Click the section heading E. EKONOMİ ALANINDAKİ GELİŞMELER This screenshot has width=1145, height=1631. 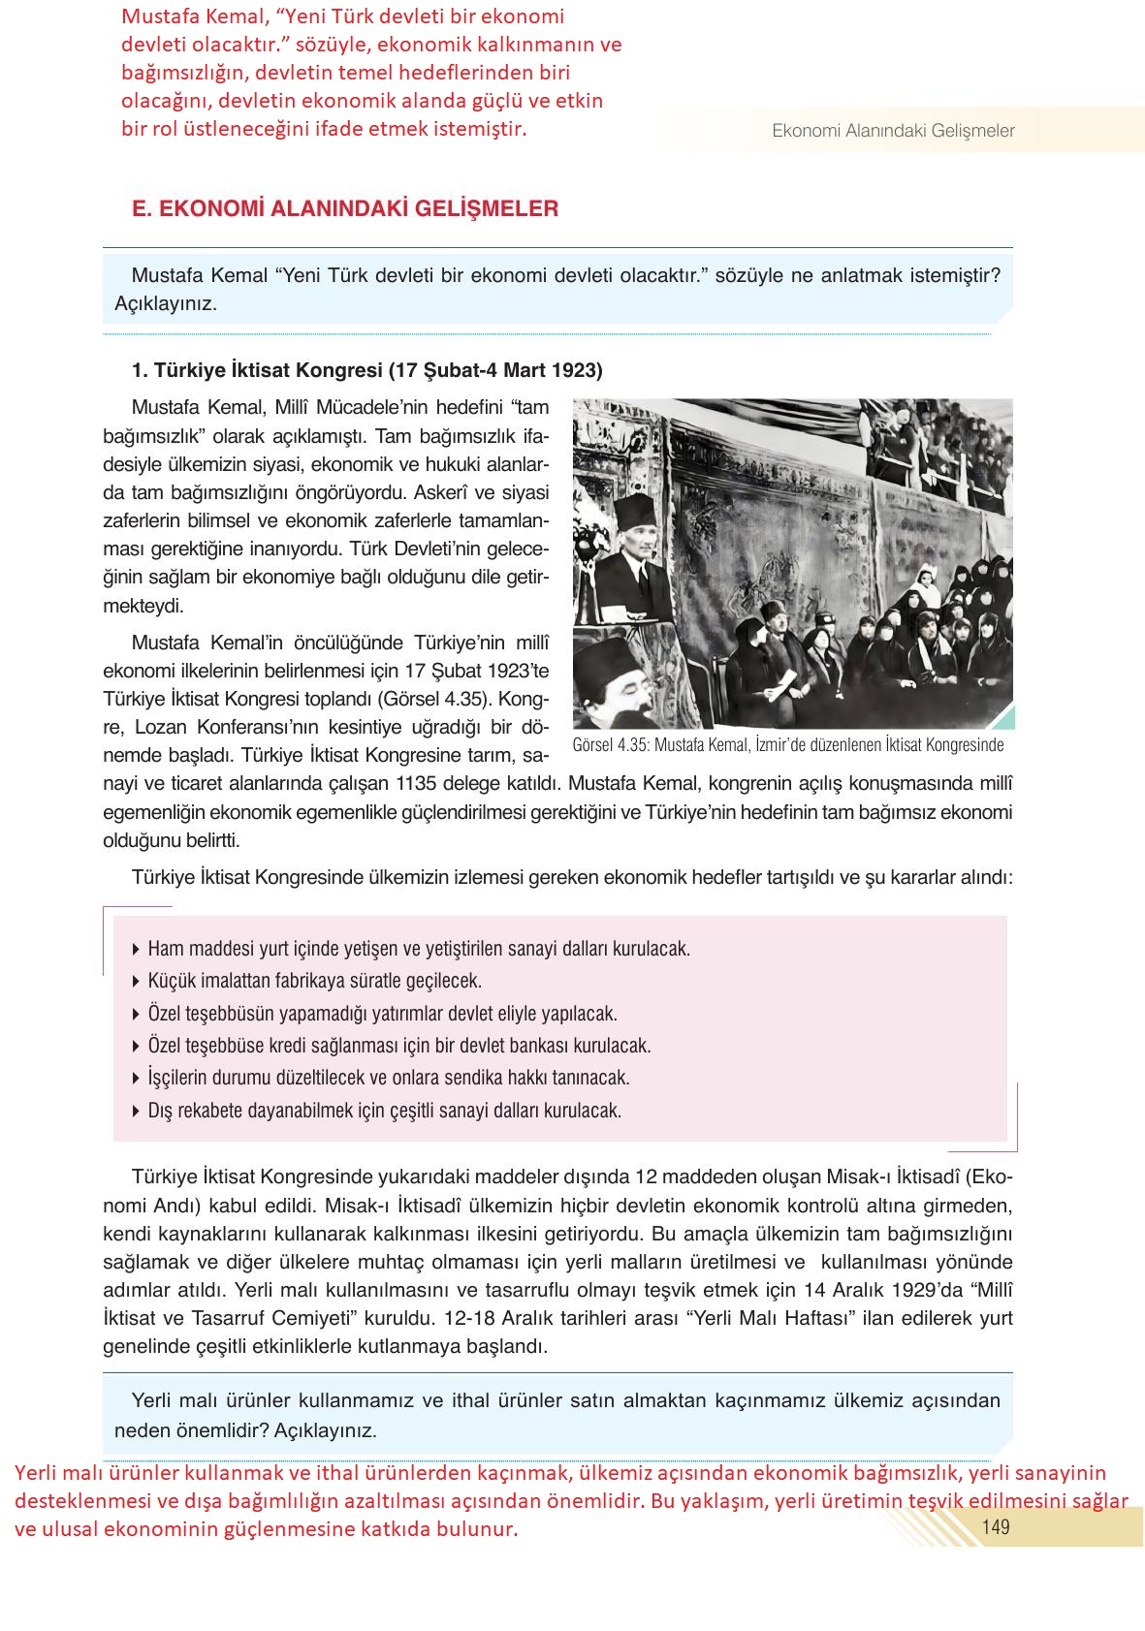coord(344,208)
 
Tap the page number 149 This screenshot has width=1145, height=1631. coord(996,1527)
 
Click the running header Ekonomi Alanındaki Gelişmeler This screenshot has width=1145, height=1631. coord(893,131)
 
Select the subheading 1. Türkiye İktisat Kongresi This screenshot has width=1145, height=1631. coord(366,370)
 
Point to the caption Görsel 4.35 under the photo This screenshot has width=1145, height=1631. coord(787,745)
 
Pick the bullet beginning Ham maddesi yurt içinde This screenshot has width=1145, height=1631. coord(418,949)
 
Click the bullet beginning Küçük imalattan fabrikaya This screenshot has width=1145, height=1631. coord(314,981)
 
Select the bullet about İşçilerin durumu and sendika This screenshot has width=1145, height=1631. coord(388,1078)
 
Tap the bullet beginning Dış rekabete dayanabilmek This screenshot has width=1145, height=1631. coord(384,1111)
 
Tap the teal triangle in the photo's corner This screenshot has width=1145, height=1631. coord(1004,718)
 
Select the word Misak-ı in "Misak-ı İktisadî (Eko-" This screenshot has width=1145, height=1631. coord(858,1176)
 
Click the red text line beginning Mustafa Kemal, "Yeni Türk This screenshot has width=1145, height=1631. coord(342,17)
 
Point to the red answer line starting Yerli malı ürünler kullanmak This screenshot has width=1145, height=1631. coord(559,1473)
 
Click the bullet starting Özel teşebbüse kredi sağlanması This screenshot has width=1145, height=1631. coord(398,1046)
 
